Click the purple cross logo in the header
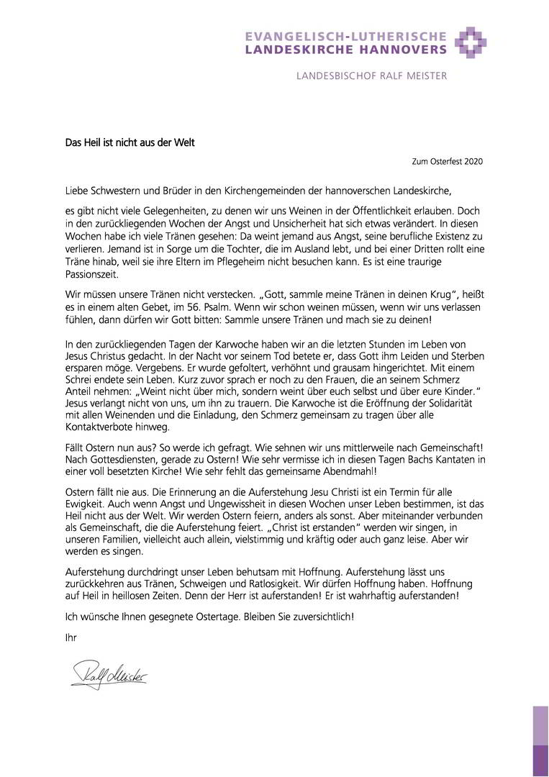tap(471, 42)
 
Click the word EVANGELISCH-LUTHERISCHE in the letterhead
tap(345, 36)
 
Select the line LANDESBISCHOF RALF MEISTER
tap(371, 76)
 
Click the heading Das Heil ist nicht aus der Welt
tap(130, 142)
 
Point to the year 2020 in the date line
tap(473, 162)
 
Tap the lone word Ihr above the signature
tap(70, 637)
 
